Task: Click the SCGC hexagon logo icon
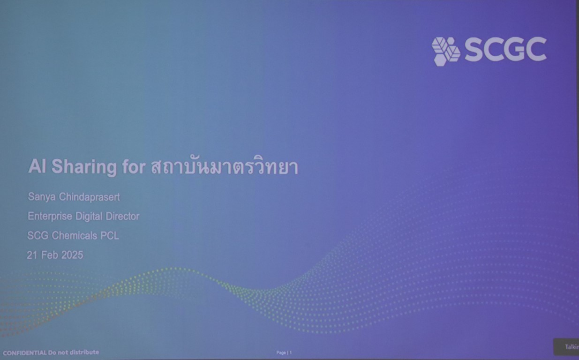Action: coord(446,52)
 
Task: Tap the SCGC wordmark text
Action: coord(506,49)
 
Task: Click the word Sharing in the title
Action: coord(84,167)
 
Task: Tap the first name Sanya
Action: coord(42,197)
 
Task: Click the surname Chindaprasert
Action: coord(90,197)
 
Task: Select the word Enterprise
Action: coord(50,216)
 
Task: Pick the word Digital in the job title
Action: coord(89,216)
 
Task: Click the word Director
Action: coord(122,216)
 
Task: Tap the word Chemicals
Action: coord(75,236)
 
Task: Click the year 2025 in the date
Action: coord(72,255)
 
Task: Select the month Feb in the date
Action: coord(50,255)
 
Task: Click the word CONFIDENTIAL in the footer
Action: coord(25,353)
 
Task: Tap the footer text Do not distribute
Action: coord(74,352)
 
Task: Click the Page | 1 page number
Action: coord(284,352)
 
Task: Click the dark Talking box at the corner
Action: coord(566,347)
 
